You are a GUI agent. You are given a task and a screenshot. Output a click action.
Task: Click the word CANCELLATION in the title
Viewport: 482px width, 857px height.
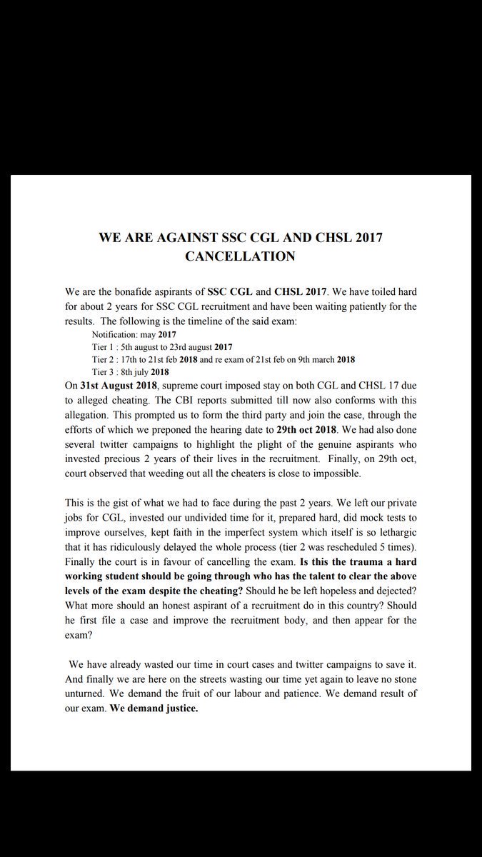coord(240,256)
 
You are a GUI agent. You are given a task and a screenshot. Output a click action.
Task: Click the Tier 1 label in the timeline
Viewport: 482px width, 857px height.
coord(105,346)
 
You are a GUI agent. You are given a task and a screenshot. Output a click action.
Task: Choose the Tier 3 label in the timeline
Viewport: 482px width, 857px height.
coord(105,371)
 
